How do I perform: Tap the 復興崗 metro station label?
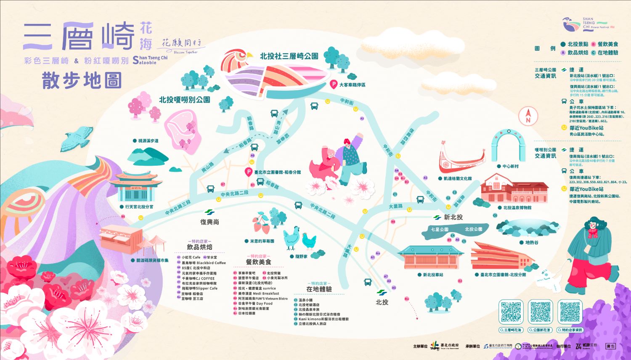(209, 222)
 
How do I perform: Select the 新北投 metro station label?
(453, 217)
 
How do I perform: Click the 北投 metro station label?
(382, 302)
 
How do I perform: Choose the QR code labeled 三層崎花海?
(511, 312)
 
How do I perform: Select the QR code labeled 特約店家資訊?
(570, 312)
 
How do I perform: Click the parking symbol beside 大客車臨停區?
(334, 85)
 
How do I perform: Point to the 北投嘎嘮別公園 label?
(184, 100)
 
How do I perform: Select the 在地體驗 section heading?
(319, 289)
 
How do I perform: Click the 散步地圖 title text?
(82, 80)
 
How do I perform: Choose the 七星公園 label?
(439, 229)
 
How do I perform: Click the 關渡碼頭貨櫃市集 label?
(152, 260)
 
